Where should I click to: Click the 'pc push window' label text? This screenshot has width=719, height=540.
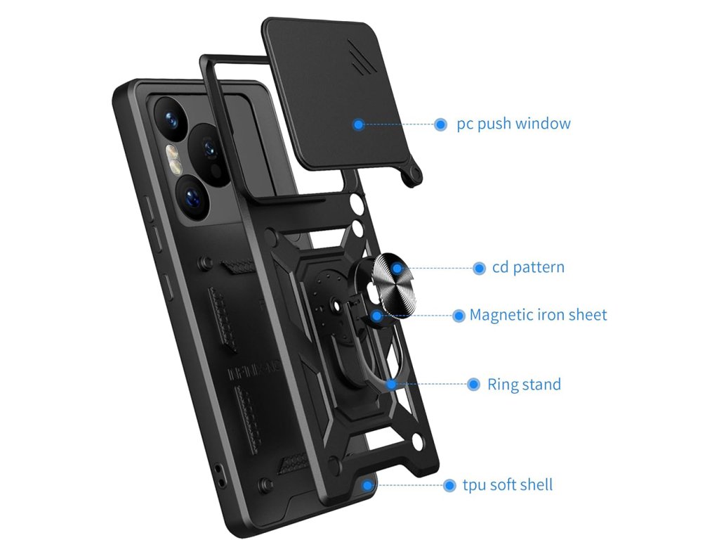(x=513, y=124)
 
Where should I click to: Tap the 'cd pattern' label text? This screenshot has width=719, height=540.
(x=528, y=268)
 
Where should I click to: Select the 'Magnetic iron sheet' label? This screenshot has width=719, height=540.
(x=538, y=315)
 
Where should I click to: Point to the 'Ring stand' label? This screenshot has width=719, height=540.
(x=524, y=385)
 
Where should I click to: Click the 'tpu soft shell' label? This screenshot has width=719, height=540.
(x=507, y=485)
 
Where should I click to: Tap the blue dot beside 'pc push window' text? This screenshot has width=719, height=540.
(x=441, y=124)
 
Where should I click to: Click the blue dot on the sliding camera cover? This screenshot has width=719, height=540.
(x=359, y=124)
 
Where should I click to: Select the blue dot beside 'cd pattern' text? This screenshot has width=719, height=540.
(x=480, y=268)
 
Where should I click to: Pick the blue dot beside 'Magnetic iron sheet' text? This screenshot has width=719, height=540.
(x=459, y=316)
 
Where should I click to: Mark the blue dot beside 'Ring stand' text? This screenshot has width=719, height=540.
(x=474, y=385)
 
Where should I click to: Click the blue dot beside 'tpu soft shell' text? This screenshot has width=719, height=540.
(x=449, y=485)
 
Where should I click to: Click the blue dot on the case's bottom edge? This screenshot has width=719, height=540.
(x=367, y=484)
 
